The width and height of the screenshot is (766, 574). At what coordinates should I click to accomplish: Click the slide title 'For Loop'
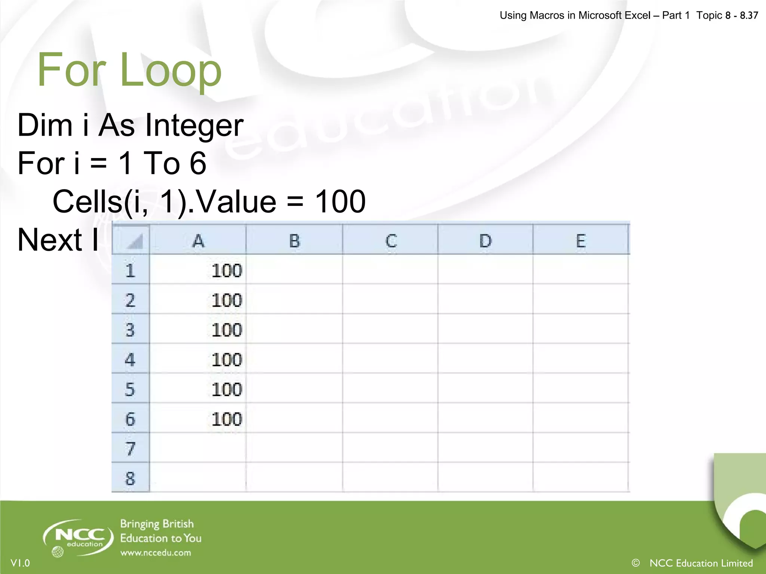click(129, 70)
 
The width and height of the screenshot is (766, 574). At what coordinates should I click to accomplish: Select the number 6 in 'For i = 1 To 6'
click(198, 163)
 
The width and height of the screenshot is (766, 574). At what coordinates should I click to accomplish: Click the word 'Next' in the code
click(49, 240)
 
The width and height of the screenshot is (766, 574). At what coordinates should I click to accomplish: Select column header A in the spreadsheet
click(198, 241)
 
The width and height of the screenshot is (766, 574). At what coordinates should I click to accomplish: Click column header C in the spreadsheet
click(390, 241)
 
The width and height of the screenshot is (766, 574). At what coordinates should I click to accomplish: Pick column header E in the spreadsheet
click(580, 241)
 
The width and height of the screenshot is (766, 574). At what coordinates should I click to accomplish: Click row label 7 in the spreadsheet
click(130, 448)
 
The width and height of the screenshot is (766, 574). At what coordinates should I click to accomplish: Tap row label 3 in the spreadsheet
click(130, 330)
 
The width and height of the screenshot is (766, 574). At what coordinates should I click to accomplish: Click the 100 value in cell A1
click(227, 271)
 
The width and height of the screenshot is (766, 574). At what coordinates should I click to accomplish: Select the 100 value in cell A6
click(227, 419)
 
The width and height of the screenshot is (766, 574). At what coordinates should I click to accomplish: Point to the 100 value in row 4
click(227, 359)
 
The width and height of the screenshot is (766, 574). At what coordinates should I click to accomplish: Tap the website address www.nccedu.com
click(156, 553)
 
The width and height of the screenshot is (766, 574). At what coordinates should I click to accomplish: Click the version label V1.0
click(20, 563)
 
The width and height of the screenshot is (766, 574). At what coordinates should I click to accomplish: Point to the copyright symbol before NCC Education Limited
click(635, 563)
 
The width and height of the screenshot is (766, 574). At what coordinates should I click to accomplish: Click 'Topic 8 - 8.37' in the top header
click(727, 15)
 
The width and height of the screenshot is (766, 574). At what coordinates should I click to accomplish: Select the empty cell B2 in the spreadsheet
click(294, 299)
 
